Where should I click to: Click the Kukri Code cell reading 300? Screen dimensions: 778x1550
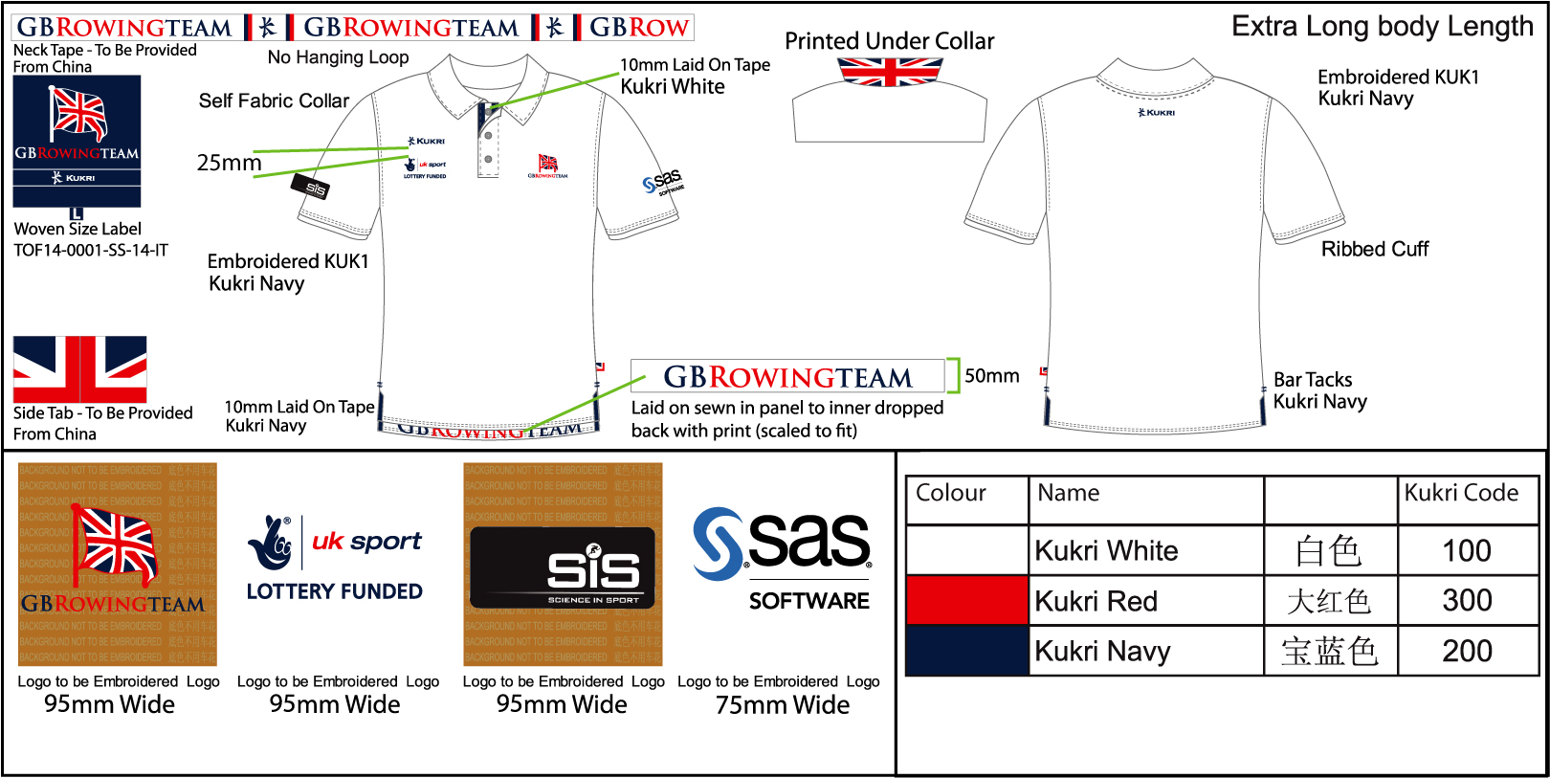tap(1467, 601)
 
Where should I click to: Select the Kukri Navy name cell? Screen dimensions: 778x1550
tap(1103, 652)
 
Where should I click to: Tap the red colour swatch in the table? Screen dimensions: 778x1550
tap(966, 601)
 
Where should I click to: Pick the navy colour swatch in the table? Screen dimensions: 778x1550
tap(966, 652)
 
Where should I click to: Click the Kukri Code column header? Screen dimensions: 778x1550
tap(1461, 493)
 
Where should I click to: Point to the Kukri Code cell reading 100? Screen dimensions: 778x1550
tap(1467, 551)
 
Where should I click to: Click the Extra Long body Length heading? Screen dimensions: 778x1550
tap(1382, 27)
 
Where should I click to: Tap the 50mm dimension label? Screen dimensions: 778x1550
tap(992, 376)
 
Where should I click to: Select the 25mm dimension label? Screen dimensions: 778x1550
tap(229, 163)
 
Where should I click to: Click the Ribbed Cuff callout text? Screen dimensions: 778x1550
tap(1375, 250)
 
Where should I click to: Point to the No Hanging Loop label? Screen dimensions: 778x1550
tap(338, 57)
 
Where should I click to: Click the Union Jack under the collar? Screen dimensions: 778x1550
tap(890, 72)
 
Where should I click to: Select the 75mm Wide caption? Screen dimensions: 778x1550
tap(783, 705)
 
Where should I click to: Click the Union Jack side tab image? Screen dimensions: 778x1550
tap(80, 369)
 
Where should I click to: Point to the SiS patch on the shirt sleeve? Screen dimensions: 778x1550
tap(310, 188)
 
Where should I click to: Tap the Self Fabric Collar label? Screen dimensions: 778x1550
tap(274, 100)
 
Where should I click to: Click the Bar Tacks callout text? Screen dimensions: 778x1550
tap(1313, 380)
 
